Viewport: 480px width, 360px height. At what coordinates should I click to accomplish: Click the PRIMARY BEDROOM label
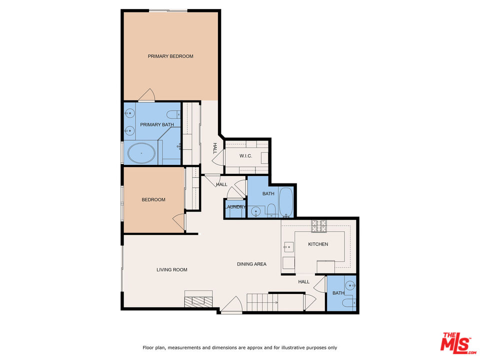[170, 56]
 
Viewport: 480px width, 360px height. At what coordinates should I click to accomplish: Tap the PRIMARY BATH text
[157, 124]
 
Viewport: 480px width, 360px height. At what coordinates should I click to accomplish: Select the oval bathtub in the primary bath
[141, 153]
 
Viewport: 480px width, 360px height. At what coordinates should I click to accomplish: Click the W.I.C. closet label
[245, 156]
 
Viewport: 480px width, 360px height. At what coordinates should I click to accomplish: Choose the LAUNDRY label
[235, 207]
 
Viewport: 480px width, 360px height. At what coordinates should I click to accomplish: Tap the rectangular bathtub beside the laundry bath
[287, 202]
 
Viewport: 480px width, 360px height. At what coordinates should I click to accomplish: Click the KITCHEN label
[318, 244]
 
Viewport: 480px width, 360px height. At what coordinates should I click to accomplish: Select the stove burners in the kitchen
[319, 226]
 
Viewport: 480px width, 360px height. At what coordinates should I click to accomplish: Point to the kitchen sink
[288, 246]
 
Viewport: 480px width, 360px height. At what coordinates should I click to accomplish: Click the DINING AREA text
[251, 264]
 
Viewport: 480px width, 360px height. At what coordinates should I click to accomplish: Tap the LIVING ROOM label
[171, 269]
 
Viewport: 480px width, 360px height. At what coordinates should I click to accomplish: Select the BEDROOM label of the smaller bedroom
[153, 199]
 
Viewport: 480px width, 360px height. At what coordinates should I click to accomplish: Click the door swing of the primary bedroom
[146, 94]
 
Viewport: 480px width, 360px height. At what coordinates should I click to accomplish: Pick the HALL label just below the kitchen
[304, 281]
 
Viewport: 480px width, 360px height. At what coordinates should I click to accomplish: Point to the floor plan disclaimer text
[240, 347]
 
